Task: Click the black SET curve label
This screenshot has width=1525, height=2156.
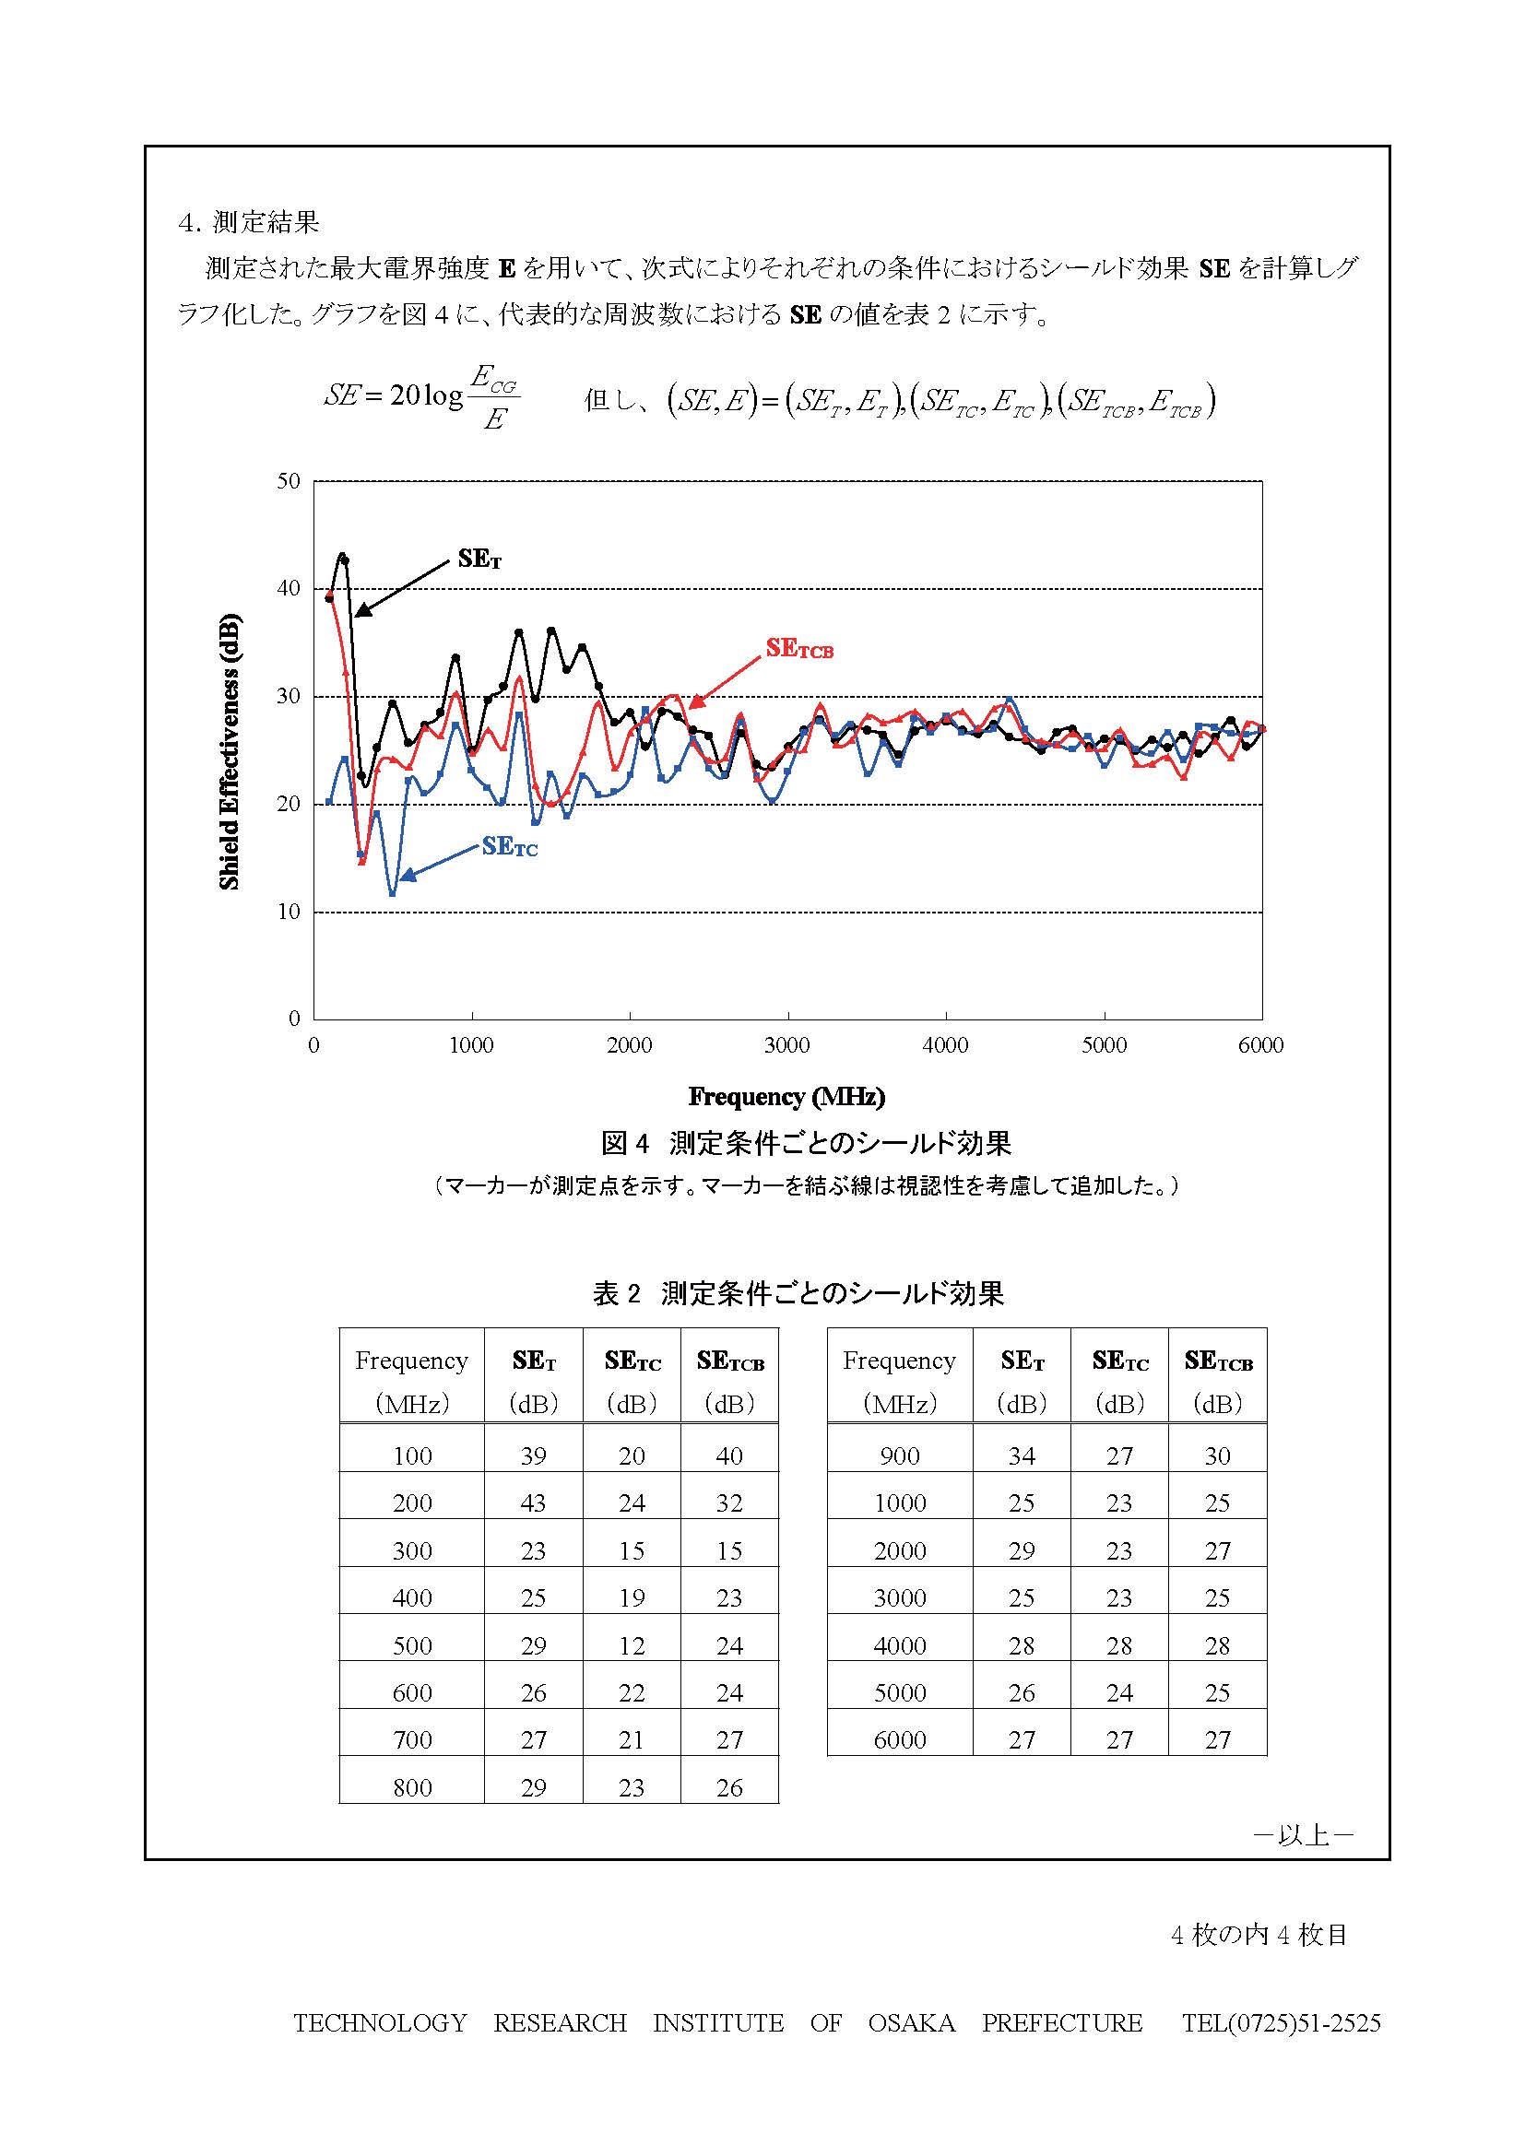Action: click(479, 559)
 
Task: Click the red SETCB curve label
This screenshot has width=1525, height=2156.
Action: click(799, 648)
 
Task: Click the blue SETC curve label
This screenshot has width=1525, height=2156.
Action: click(510, 847)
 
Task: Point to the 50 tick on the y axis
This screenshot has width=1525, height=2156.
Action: click(289, 482)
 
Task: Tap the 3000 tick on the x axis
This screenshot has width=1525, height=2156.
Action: click(786, 1046)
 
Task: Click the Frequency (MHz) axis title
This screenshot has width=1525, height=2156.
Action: click(786, 1096)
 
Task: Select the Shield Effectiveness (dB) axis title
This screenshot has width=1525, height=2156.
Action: click(231, 751)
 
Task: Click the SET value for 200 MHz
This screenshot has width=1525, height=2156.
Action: click(533, 1503)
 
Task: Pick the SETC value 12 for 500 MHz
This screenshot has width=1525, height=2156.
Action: click(631, 1646)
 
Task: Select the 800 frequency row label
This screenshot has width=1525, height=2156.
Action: click(412, 1788)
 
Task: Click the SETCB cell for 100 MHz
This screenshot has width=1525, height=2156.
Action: click(729, 1456)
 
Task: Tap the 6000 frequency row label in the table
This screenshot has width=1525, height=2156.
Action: click(900, 1740)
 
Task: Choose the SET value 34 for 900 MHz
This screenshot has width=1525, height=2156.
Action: click(1022, 1456)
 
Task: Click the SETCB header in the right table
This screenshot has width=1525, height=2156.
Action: click(1218, 1361)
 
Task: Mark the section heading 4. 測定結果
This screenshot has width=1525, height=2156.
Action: click(249, 222)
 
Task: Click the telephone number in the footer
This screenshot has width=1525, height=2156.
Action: click(1281, 2022)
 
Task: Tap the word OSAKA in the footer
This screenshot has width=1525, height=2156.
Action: click(911, 2022)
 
